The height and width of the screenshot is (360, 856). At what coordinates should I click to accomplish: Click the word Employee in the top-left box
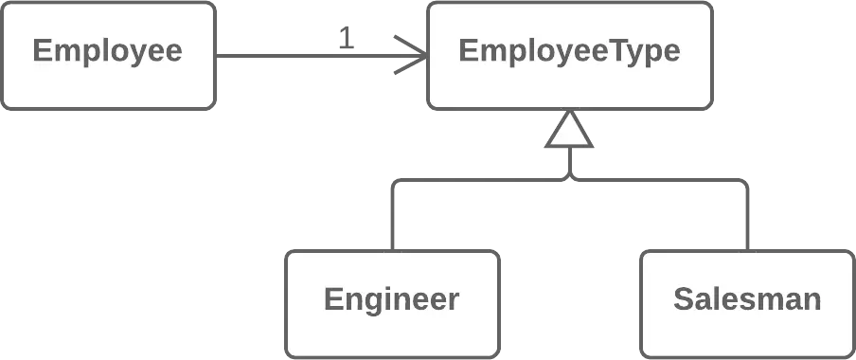pyautogui.click(x=107, y=50)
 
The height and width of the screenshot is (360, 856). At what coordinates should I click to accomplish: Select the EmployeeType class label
pyautogui.click(x=568, y=50)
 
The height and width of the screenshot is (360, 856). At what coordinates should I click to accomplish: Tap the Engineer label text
pyautogui.click(x=391, y=299)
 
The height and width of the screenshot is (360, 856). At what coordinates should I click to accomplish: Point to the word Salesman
pyautogui.click(x=746, y=299)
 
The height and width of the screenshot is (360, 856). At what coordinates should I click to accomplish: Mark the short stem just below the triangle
pyautogui.click(x=569, y=163)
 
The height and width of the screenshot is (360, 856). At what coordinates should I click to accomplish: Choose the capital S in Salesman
pyautogui.click(x=683, y=299)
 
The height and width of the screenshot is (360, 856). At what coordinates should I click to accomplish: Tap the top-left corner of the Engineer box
pyautogui.click(x=289, y=253)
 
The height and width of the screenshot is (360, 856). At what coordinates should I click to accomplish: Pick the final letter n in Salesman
pyautogui.click(x=811, y=300)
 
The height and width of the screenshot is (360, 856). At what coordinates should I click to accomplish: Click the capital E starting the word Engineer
pyautogui.click(x=331, y=299)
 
